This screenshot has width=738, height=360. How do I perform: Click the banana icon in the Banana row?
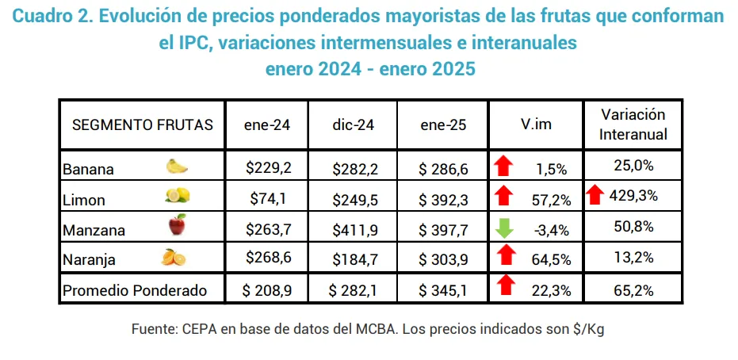(177, 167)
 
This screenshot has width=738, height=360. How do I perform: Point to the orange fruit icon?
(174, 258)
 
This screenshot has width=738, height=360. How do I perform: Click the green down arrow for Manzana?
(503, 228)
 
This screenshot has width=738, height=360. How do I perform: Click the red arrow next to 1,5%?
(503, 167)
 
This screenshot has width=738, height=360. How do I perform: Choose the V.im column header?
(536, 124)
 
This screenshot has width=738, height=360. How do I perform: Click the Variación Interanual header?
(632, 124)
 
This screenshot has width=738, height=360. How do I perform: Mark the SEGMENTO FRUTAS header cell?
(143, 124)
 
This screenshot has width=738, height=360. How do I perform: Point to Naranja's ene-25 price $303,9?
(444, 259)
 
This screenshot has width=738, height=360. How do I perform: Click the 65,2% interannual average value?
(633, 290)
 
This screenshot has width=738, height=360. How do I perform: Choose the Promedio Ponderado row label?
(135, 290)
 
